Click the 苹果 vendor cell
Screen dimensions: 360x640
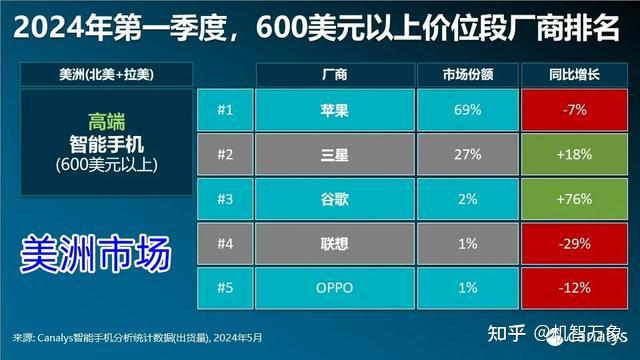pos(334,111)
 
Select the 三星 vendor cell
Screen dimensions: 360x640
pos(334,155)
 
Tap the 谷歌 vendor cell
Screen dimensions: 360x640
pos(334,198)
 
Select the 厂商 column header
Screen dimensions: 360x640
pos(334,74)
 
